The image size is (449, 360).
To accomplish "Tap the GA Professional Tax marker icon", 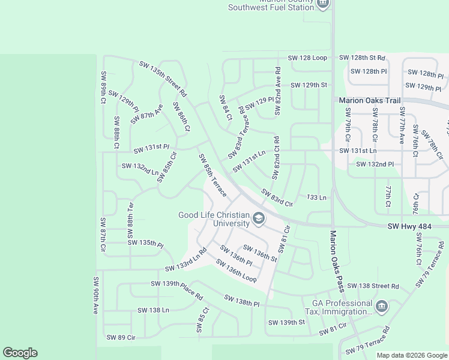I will point(381,307).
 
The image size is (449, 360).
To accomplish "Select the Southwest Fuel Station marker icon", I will point(323,4).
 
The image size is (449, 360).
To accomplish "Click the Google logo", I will point(20,353).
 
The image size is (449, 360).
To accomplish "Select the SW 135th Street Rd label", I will point(163,79).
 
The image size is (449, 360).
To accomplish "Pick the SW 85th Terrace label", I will point(213,175).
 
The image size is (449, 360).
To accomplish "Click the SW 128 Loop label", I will point(307,58).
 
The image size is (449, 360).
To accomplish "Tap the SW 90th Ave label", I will point(95,296).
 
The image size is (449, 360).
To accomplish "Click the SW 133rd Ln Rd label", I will point(187,262).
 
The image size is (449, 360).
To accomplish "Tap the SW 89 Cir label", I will point(121,338).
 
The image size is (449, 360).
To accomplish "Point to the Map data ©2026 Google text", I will point(411,355).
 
